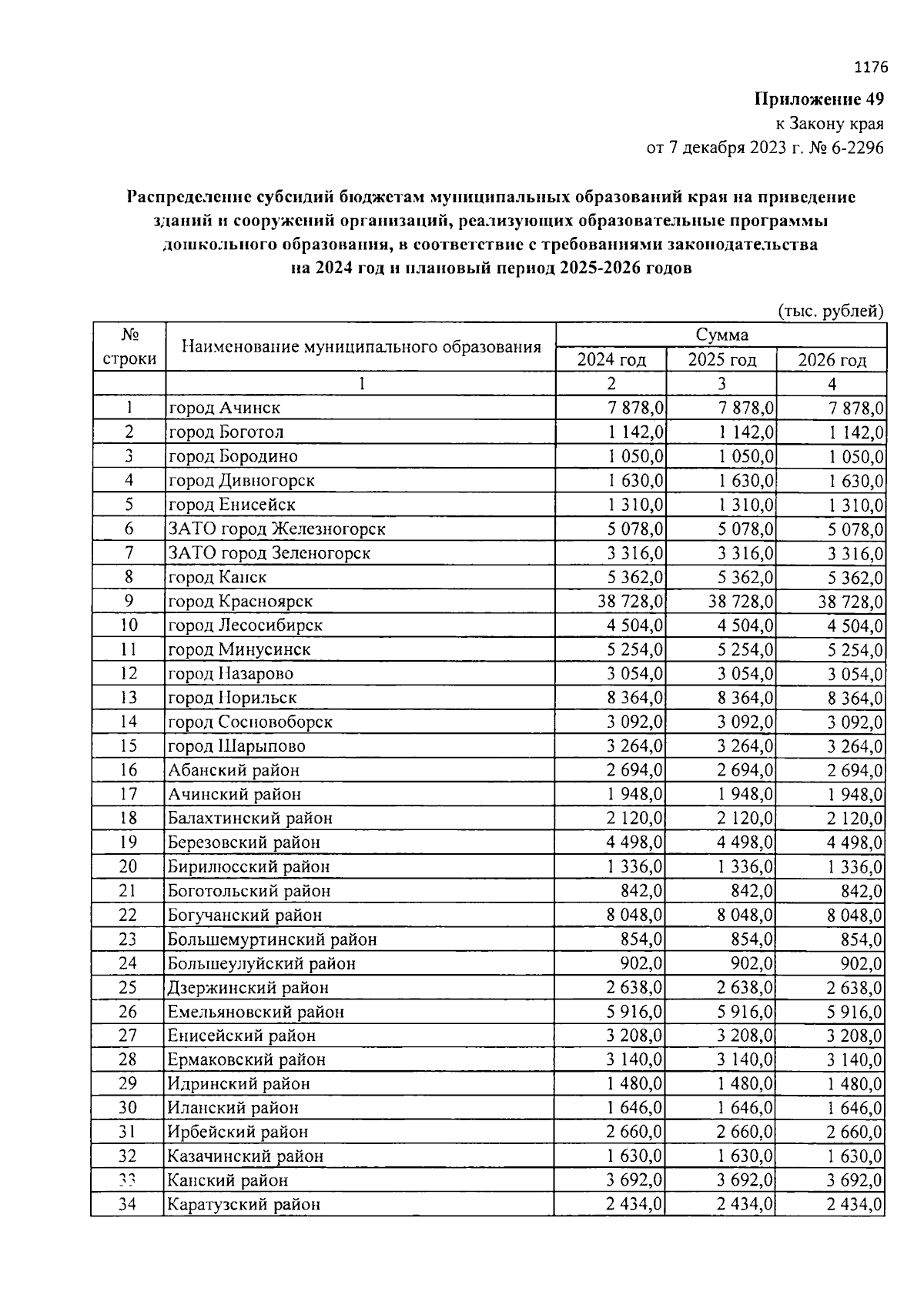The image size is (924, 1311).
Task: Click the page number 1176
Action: tap(871, 68)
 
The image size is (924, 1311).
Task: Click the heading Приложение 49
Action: tap(819, 99)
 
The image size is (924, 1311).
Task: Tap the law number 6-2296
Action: tap(856, 148)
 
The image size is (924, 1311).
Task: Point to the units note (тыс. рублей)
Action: tap(831, 311)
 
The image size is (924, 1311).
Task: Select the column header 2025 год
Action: tap(721, 360)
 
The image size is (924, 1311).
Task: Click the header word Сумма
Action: tap(721, 335)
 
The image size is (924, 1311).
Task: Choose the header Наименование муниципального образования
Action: tap(361, 347)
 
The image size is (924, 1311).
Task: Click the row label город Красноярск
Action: tap(241, 601)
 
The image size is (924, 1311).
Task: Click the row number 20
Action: tap(128, 866)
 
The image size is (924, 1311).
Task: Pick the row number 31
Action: tap(128, 1132)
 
